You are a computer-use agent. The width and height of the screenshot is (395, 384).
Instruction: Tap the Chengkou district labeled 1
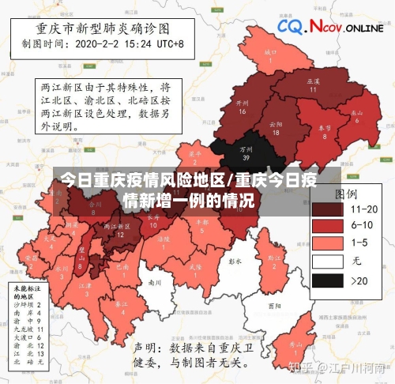(x=270, y=57)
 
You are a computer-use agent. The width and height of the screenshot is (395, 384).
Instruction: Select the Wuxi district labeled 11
(x=313, y=85)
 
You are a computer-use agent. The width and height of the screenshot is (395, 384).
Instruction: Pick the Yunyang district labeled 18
(x=275, y=129)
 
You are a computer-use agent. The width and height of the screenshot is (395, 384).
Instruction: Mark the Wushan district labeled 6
(x=358, y=116)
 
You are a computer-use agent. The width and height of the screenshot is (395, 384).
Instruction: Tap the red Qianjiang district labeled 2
(x=274, y=262)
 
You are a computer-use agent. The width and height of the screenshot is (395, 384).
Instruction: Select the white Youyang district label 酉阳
(x=274, y=305)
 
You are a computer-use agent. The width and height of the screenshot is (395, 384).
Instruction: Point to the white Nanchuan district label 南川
(x=155, y=281)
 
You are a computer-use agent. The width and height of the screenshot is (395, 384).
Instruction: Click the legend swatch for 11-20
(x=326, y=209)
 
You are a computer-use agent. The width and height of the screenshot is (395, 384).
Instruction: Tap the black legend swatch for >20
(x=326, y=280)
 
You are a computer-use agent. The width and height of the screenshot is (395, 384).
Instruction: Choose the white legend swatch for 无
(x=326, y=262)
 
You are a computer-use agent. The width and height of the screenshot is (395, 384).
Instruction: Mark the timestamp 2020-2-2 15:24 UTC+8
(x=130, y=44)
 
